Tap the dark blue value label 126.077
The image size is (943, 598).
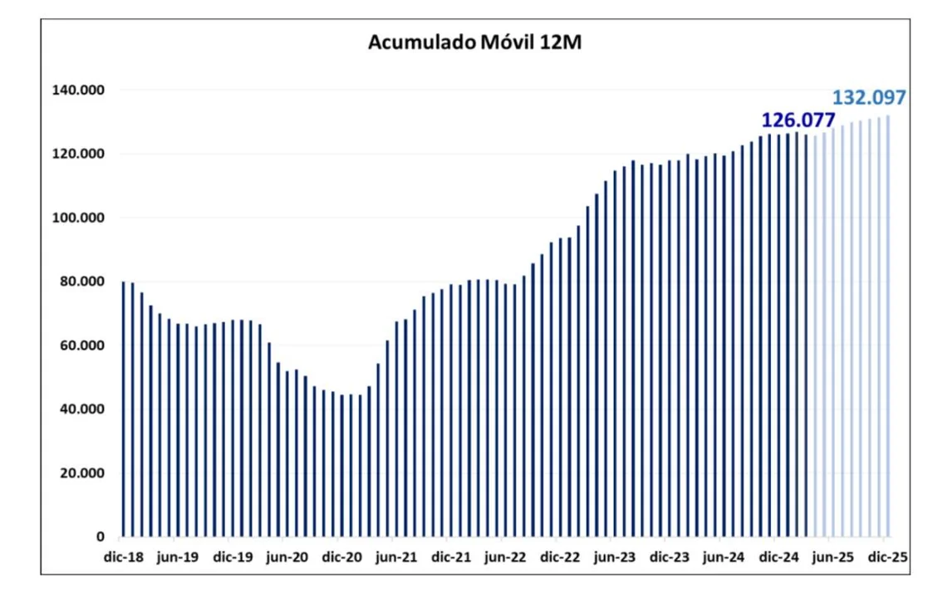pyautogui.click(x=798, y=121)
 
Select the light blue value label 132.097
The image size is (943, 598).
pyautogui.click(x=868, y=98)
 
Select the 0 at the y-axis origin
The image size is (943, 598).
pyautogui.click(x=100, y=537)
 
